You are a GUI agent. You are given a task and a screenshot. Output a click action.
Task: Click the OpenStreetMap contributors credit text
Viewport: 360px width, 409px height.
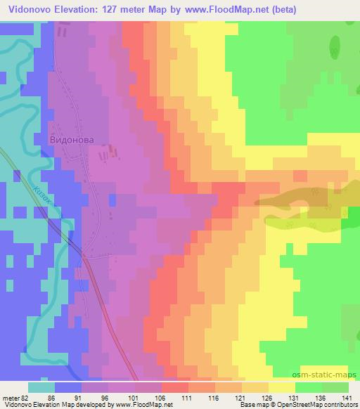point(319,405)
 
